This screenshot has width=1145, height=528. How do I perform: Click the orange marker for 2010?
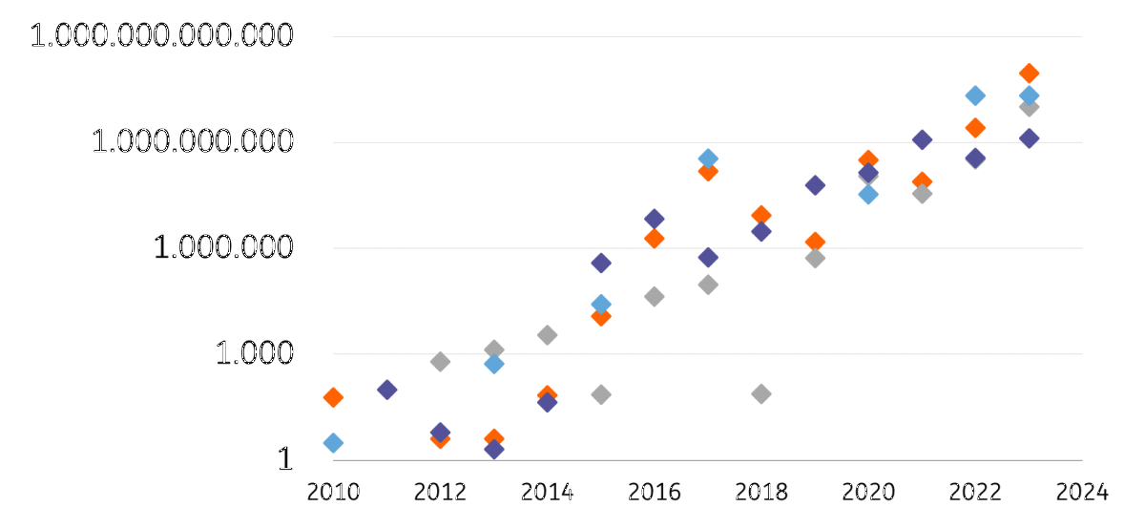[x=333, y=397]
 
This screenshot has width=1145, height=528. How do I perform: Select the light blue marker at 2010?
[x=333, y=443]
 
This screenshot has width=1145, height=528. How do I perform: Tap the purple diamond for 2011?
[x=386, y=390]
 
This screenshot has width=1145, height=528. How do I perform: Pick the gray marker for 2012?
[x=440, y=361]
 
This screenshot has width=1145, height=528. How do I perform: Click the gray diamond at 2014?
[x=547, y=335]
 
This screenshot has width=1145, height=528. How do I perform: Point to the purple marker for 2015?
[x=601, y=263]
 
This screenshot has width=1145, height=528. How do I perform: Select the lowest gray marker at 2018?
[x=761, y=393]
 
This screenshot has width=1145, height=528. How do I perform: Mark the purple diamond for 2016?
[x=655, y=219]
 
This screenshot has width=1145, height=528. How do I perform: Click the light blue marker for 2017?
[x=708, y=158]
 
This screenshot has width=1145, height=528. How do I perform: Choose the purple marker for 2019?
[x=815, y=185]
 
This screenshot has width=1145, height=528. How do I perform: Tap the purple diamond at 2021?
[x=922, y=139]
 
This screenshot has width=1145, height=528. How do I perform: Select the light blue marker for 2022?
[x=975, y=95]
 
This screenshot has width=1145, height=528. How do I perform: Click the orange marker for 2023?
[x=1029, y=73]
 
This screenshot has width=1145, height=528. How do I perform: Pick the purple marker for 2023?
[x=1029, y=138]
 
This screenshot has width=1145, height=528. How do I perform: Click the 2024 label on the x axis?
[x=1082, y=493]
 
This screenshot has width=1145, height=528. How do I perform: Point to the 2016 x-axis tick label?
[x=655, y=493]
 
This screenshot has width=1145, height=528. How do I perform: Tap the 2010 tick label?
[x=333, y=493]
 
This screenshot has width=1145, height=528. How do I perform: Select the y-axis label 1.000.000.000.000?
[x=160, y=37]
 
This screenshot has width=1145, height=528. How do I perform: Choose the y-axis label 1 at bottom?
[x=283, y=459]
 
